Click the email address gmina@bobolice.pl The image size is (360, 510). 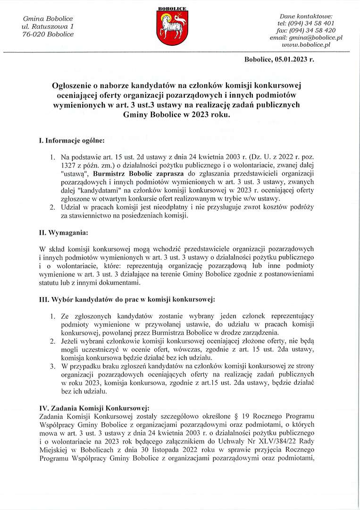(306, 37)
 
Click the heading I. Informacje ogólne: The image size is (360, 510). (72, 141)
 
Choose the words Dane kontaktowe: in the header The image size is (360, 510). (306, 16)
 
